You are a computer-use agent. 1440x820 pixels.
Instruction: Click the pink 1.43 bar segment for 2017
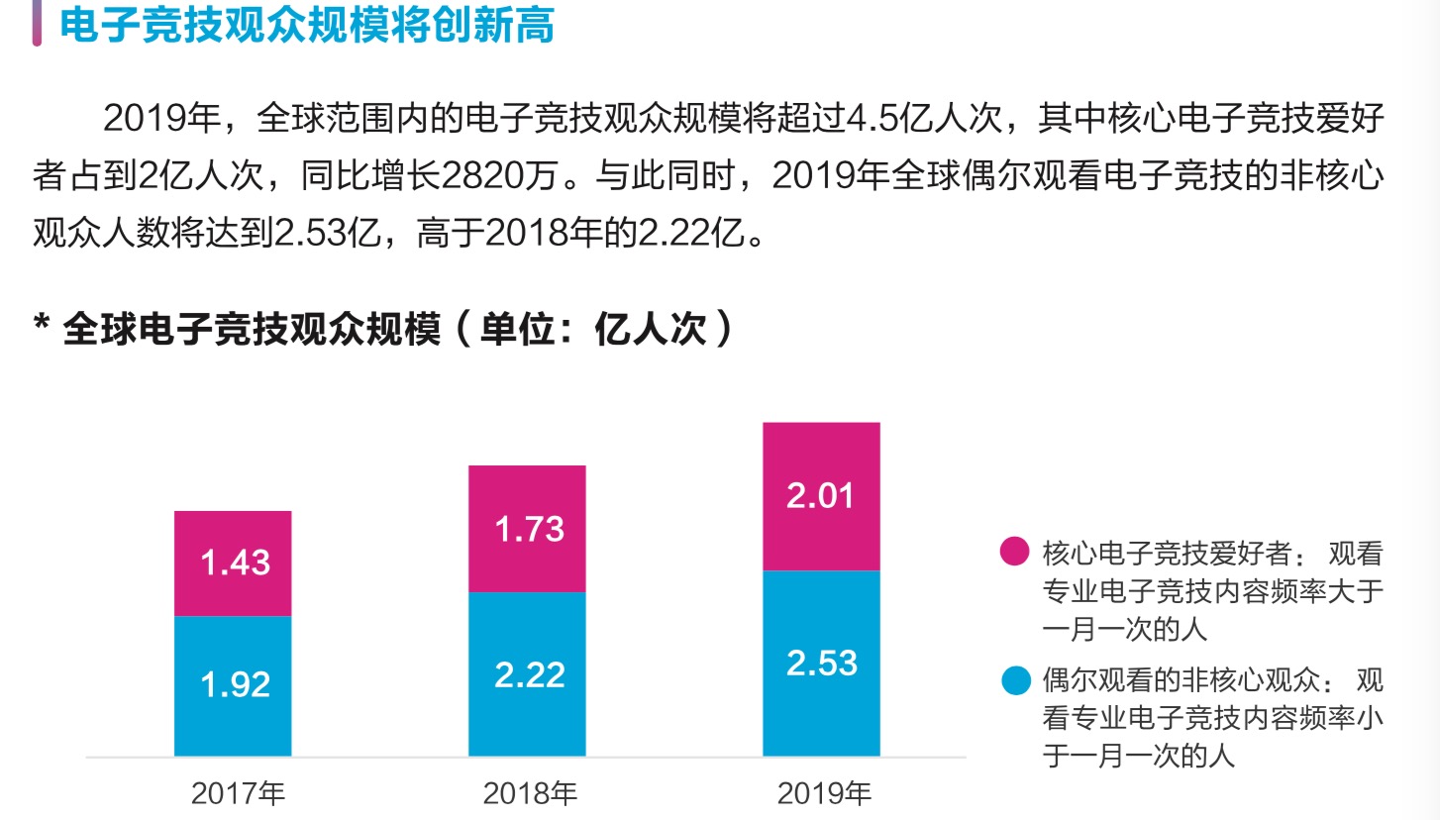coord(233,563)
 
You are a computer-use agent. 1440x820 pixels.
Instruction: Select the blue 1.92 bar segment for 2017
coord(233,685)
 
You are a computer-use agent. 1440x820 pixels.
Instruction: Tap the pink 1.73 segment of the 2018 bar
coord(527,529)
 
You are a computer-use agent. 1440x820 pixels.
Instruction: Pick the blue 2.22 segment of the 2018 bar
coord(527,674)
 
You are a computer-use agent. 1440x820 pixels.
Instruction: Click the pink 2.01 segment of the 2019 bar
coord(821,496)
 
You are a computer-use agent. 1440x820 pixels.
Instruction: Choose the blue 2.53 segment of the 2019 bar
coord(821,663)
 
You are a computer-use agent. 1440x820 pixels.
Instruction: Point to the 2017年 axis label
coord(238,793)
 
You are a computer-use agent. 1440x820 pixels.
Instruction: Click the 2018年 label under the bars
coord(530,793)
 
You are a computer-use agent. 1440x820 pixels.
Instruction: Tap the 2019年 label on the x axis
coord(824,793)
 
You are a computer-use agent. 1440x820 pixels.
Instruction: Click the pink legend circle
coord(1014,552)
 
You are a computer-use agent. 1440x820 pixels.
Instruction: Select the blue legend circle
coord(1014,681)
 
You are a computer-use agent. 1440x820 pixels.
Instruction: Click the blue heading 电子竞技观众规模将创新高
coord(306,25)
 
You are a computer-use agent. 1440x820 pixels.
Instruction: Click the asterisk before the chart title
coord(42,324)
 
